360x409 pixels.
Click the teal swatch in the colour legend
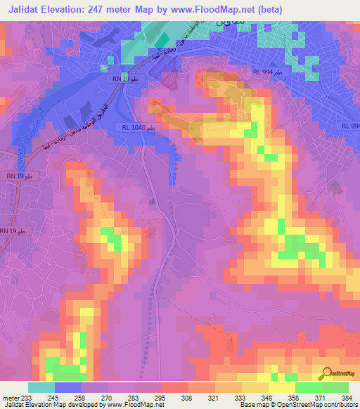41,387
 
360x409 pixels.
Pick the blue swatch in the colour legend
68,387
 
